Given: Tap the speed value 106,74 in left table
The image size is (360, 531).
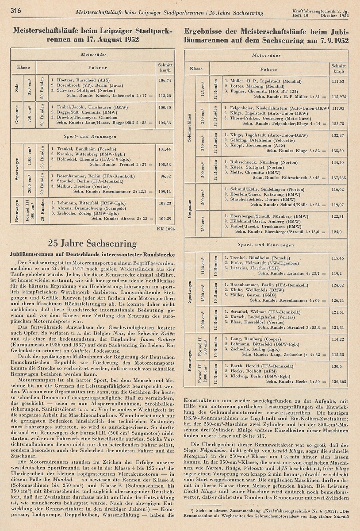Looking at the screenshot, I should (165, 81).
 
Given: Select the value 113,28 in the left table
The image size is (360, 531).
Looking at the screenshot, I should (165, 95).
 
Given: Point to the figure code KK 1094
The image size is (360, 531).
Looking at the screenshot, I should (166, 229).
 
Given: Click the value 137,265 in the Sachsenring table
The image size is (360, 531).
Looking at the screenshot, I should (338, 177).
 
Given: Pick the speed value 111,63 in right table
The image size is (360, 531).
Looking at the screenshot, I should (337, 81).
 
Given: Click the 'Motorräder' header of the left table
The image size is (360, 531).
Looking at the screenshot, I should (92, 56).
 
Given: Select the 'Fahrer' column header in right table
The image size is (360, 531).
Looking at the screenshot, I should (269, 69).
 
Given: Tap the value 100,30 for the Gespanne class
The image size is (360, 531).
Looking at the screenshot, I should (165, 107).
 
